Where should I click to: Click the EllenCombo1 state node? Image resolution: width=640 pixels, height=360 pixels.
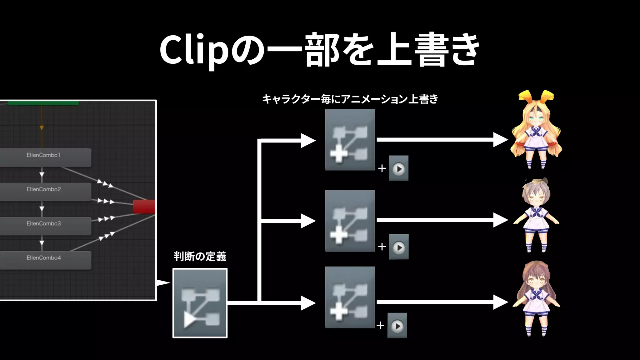point(44,157)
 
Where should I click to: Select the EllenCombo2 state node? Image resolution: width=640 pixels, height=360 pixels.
point(44,191)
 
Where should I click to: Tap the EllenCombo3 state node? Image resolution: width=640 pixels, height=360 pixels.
point(44,226)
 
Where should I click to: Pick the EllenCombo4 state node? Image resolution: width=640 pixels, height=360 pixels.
point(44,260)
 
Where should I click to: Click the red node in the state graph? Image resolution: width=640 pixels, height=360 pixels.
point(144,207)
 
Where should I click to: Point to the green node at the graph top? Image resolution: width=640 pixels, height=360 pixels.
point(43,103)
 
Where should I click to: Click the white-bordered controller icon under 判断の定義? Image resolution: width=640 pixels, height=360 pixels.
point(200,303)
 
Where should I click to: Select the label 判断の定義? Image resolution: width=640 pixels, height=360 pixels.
point(200,257)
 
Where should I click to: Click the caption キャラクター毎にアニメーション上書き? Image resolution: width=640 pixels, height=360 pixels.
point(350,99)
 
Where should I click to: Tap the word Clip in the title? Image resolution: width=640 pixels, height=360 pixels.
point(194,50)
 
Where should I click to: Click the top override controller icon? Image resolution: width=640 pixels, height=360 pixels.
point(350,140)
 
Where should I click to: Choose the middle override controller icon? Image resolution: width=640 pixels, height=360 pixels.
point(350,221)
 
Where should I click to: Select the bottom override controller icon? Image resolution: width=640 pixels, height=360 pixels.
point(350,297)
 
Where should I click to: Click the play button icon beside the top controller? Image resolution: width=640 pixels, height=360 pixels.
point(398,168)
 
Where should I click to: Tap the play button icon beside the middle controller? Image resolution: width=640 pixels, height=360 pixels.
point(399,247)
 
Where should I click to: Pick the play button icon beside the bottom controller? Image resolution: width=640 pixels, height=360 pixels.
point(397,326)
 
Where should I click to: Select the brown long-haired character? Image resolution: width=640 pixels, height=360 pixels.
point(536,298)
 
